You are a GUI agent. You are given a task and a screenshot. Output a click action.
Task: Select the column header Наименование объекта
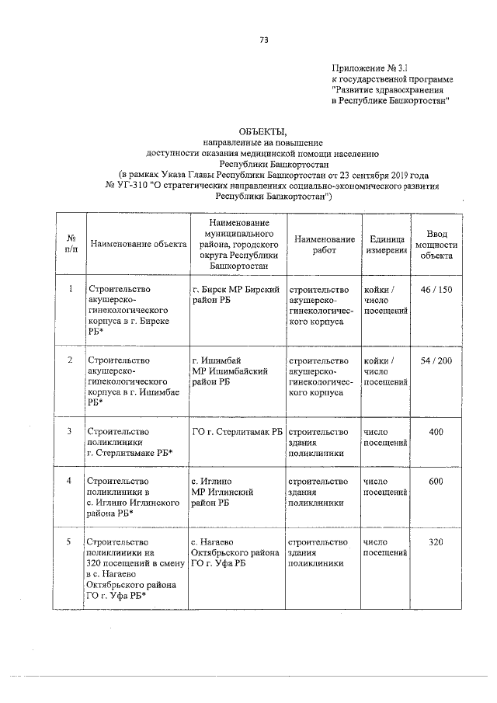(138, 244)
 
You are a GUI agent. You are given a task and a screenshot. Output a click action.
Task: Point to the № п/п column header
(70, 244)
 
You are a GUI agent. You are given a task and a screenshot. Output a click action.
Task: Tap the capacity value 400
(436, 431)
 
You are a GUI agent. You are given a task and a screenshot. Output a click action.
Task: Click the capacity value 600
(436, 482)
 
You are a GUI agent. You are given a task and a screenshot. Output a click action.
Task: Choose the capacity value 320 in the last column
(436, 541)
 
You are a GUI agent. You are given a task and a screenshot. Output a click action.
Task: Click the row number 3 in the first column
(70, 431)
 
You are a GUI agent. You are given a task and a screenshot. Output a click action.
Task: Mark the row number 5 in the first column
(70, 541)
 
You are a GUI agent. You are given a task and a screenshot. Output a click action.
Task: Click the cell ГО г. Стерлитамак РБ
(236, 431)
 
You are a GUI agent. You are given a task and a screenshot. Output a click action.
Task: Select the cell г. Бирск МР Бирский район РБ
(235, 295)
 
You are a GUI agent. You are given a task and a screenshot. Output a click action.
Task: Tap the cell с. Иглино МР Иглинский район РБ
(225, 492)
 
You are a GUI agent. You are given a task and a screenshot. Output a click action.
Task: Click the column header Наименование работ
(325, 245)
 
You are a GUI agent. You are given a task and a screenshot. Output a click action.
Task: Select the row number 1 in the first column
(70, 290)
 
